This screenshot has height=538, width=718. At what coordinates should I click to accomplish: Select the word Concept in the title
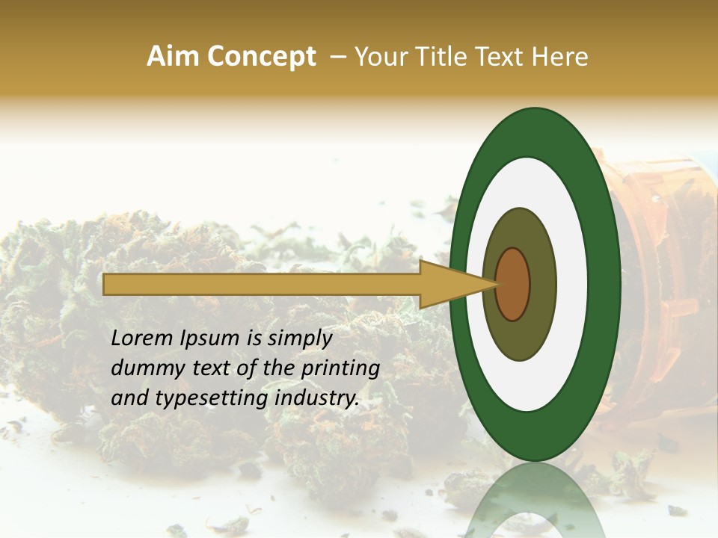261,57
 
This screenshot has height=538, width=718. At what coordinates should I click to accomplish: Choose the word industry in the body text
317,398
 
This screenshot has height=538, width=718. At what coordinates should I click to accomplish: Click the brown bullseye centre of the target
512,284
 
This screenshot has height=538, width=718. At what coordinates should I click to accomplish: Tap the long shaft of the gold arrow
262,284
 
